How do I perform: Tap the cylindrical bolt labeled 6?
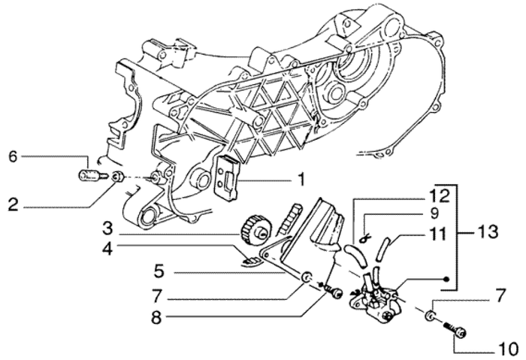[89, 178]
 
